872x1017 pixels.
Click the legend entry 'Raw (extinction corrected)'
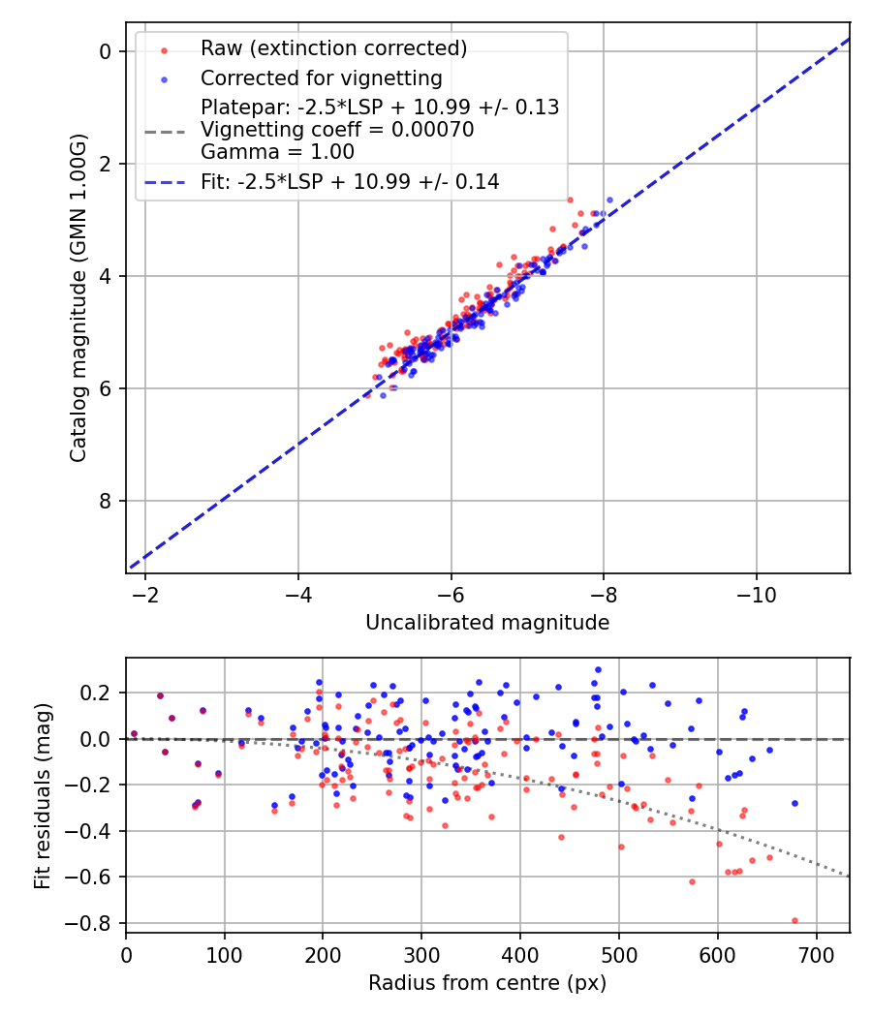tap(333, 48)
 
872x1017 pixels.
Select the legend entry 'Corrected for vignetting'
tap(321, 77)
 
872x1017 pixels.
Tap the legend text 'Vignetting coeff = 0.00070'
tap(337, 130)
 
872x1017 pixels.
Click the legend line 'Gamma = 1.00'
tap(277, 152)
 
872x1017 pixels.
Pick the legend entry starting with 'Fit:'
tap(350, 181)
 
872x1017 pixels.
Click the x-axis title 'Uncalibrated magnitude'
tap(487, 623)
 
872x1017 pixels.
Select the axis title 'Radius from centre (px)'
tap(487, 983)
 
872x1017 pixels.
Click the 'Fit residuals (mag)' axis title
tap(42, 796)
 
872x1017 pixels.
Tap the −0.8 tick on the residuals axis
tap(95, 923)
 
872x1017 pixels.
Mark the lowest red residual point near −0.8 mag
tap(794, 920)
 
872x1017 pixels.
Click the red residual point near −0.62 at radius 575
tap(692, 881)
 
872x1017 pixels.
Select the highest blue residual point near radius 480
tap(598, 669)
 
